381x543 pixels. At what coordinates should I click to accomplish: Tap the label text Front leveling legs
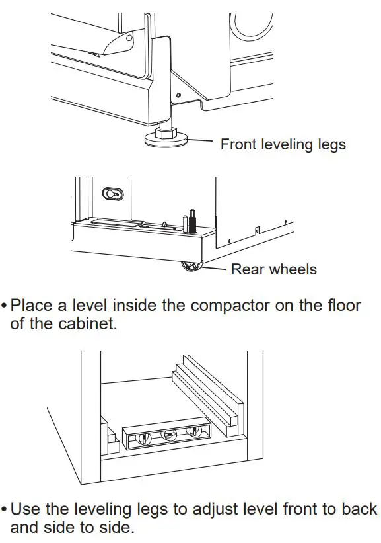pos(283,144)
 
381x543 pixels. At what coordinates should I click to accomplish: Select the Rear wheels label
pos(273,269)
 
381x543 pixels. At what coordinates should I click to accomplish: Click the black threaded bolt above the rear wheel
pos(193,223)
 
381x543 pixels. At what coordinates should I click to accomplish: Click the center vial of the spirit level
pos(169,435)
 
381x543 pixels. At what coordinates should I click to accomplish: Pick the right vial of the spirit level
pos(193,432)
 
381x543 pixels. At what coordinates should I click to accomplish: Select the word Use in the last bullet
pos(27,509)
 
